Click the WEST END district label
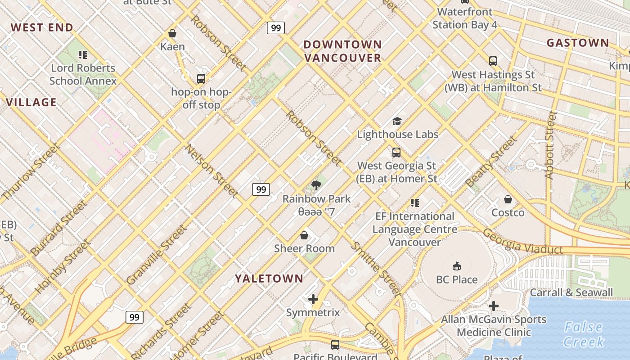(42, 27)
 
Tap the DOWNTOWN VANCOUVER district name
(343, 51)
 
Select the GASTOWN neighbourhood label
(578, 43)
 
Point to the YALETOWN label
(269, 279)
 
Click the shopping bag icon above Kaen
(172, 33)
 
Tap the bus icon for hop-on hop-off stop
(201, 79)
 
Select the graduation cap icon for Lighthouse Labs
(397, 121)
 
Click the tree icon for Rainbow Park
(316, 185)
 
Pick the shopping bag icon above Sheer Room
(304, 235)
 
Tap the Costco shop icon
(508, 199)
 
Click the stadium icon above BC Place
(457, 266)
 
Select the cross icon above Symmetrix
(313, 299)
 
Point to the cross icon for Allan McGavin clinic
(494, 306)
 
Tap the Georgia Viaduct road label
(522, 242)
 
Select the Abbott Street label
(550, 145)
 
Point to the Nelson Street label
(212, 171)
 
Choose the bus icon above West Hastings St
(493, 61)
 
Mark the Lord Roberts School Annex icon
(83, 55)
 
